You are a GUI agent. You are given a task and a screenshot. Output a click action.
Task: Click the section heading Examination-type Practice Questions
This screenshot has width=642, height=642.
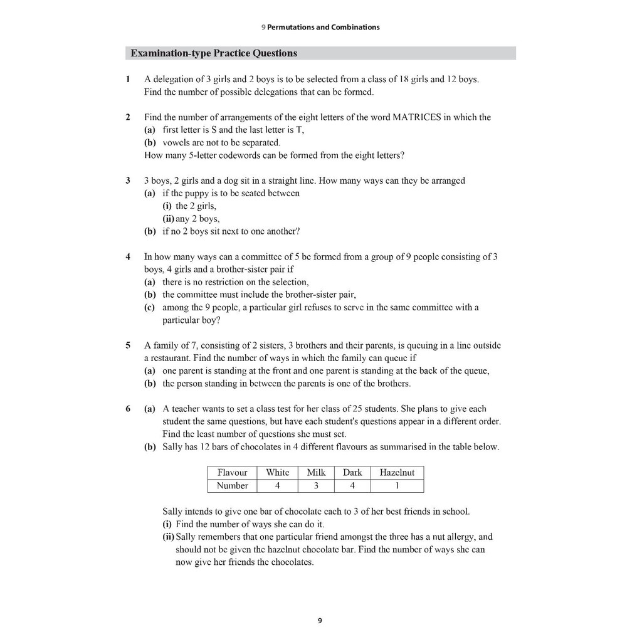click(x=214, y=53)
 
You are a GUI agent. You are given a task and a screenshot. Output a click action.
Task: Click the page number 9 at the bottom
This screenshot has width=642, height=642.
click(x=320, y=621)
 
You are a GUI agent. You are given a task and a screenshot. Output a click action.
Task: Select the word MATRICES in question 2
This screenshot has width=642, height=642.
click(x=415, y=117)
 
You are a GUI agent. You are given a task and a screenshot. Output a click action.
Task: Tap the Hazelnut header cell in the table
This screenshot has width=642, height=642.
click(x=397, y=473)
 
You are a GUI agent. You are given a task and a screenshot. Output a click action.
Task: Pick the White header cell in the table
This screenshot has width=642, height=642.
click(x=277, y=473)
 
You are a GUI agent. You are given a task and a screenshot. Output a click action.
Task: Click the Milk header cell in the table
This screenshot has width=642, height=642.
click(x=316, y=473)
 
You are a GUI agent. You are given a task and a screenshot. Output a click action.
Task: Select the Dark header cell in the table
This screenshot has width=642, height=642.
click(x=352, y=473)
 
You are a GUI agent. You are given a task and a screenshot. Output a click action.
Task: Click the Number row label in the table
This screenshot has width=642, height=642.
click(x=232, y=486)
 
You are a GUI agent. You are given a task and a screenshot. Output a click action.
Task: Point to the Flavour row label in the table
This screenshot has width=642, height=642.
click(x=232, y=473)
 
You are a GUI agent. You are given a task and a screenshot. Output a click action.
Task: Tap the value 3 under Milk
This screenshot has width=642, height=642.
click(x=316, y=486)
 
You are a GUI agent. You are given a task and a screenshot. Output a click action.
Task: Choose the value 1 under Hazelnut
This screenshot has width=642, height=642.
click(x=397, y=486)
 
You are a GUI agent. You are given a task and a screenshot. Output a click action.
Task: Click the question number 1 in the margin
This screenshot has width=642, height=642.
click(x=128, y=80)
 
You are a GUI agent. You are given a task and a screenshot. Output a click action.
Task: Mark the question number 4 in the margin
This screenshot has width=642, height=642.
click(x=128, y=257)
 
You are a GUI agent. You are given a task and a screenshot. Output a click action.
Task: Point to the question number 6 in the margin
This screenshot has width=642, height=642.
click(x=128, y=409)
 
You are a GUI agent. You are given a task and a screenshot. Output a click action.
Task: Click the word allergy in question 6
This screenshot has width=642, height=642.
click(x=461, y=537)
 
